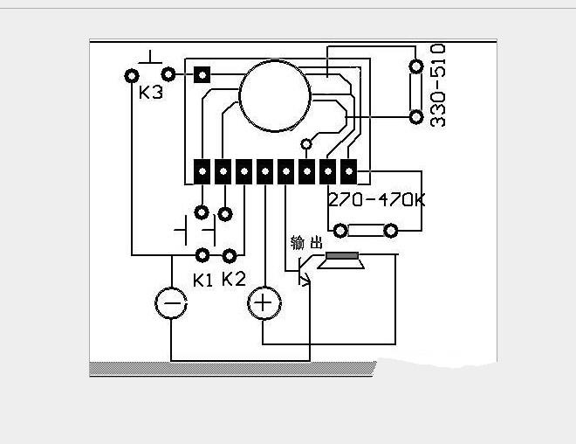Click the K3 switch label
coord(151,92)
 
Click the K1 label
coord(202,281)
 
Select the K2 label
coord(233,279)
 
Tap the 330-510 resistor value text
coord(439,85)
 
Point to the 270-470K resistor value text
coord(376,199)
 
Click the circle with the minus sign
coord(171,304)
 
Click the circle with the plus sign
coord(264,304)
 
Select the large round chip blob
coord(275,95)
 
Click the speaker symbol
coord(341,260)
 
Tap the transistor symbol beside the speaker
coord(303,270)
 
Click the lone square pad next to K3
coord(202,75)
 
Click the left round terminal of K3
coord(133,75)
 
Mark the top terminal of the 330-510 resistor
coord(416,66)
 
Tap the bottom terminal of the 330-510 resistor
coord(416,116)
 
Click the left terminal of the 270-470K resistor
coord(341,231)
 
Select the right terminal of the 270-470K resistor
coord(390,231)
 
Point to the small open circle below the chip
coord(306,143)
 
